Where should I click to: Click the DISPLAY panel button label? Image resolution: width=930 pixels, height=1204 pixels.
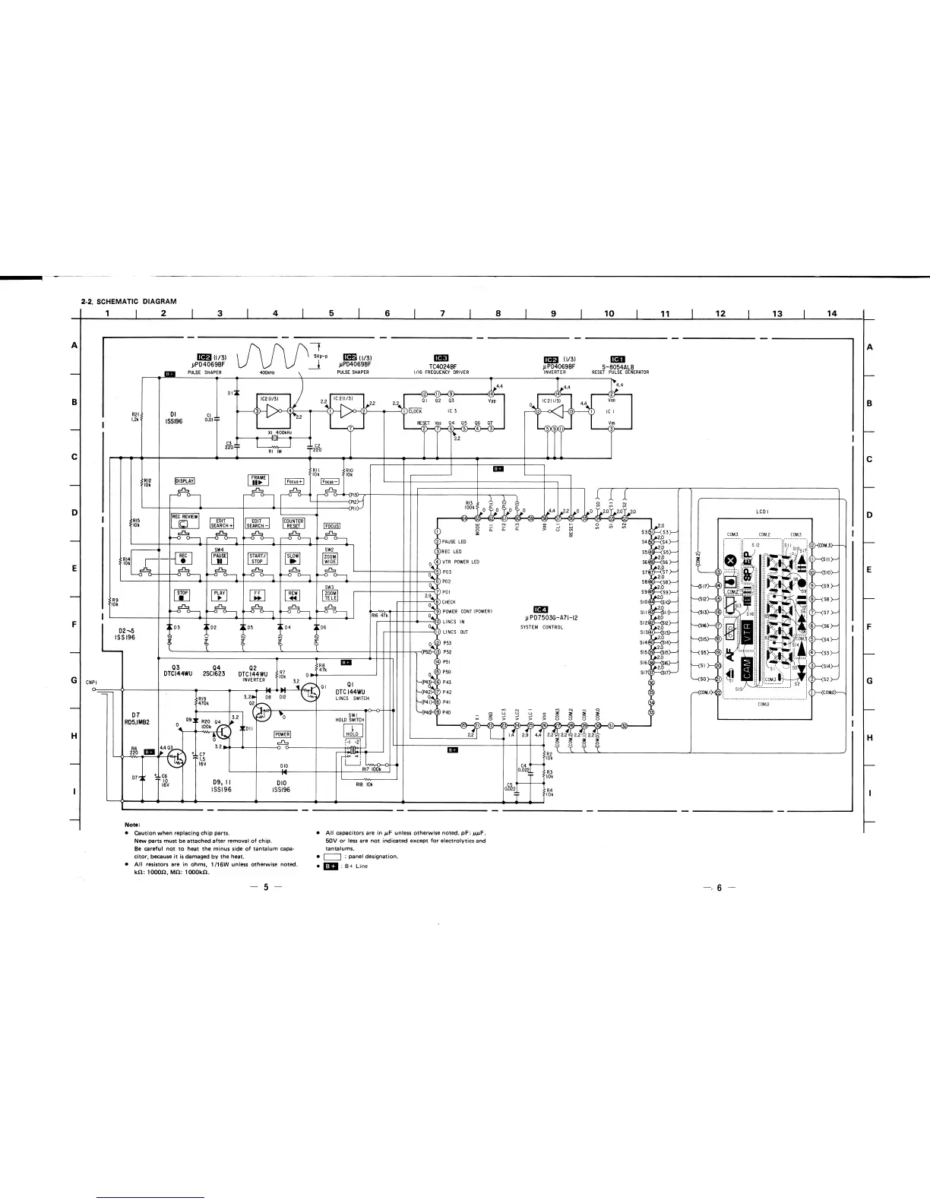pos(185,481)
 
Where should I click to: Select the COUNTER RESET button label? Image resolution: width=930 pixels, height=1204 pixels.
pos(293,524)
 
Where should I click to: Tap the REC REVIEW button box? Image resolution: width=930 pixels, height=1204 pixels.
pos(185,521)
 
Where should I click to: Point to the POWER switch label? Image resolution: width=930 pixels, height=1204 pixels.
pos(282,734)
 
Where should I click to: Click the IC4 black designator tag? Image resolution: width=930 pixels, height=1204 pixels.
pos(540,607)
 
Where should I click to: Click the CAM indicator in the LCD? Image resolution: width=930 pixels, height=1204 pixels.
pos(747,669)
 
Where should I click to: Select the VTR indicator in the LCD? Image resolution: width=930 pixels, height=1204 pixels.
pos(748,632)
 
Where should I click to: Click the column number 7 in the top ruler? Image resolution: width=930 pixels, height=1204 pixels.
pos(442,313)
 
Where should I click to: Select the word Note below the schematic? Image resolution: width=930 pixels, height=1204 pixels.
pos(131,826)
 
